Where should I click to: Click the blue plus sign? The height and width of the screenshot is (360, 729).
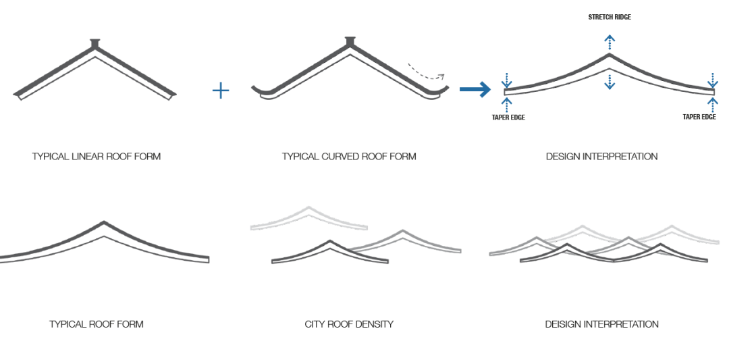tap(220, 91)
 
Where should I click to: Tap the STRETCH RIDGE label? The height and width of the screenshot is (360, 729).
tap(610, 17)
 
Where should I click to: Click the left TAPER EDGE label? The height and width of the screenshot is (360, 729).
tap(508, 118)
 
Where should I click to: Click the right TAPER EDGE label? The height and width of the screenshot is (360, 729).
tap(699, 118)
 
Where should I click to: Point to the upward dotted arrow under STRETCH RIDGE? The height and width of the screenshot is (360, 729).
tap(610, 42)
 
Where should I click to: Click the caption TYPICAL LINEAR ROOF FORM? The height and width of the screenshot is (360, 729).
tap(97, 157)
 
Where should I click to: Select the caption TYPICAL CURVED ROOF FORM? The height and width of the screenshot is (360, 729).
tap(349, 157)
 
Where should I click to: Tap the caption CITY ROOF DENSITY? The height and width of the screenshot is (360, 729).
tap(349, 324)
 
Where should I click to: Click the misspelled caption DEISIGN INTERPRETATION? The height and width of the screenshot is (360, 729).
tap(602, 324)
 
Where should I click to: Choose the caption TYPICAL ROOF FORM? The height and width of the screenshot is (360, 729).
tap(97, 324)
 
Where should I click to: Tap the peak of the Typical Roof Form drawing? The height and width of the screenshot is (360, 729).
tap(103, 223)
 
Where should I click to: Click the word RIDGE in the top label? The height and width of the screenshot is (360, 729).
tap(622, 17)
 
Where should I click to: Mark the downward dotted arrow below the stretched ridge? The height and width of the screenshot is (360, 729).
tap(610, 82)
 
